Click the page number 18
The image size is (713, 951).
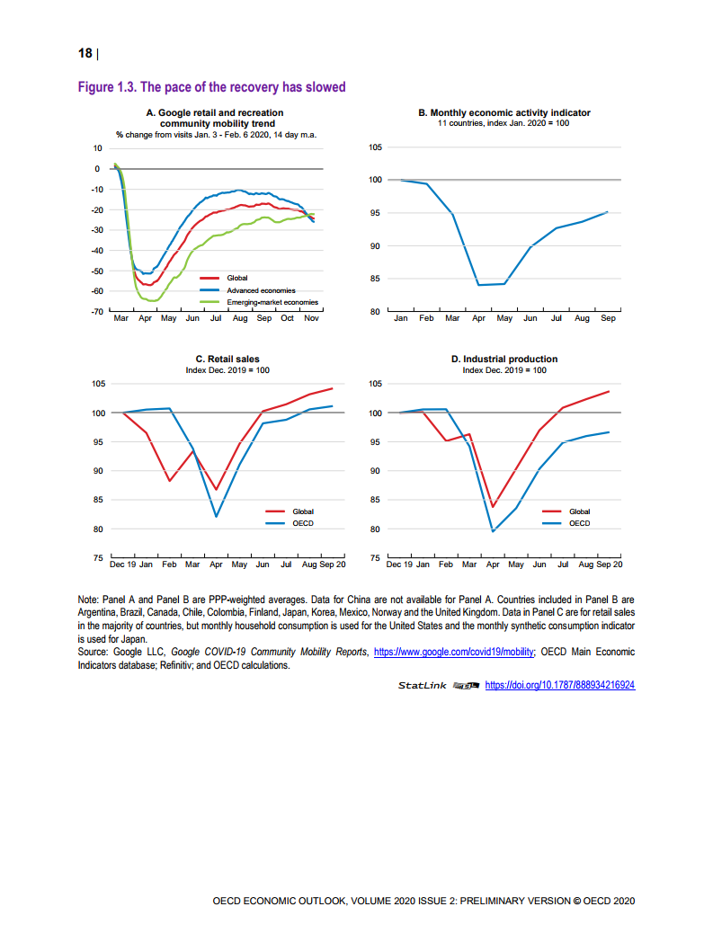[86, 53]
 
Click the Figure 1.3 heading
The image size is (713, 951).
[212, 87]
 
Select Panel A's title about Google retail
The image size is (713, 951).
[214, 118]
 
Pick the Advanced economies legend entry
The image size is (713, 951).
[260, 290]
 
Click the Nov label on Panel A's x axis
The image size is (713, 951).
[311, 319]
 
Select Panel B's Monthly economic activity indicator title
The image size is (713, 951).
[504, 113]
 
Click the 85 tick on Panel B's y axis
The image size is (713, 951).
[375, 279]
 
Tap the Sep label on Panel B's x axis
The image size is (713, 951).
[608, 319]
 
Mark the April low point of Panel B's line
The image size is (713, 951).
[478, 285]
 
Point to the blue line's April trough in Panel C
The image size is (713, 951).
[217, 517]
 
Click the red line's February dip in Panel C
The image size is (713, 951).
[169, 481]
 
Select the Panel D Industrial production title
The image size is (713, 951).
[504, 360]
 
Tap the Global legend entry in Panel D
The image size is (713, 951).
[579, 511]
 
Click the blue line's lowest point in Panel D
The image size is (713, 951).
[493, 531]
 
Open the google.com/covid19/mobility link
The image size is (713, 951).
[454, 652]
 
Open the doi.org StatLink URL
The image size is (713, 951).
[560, 685]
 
